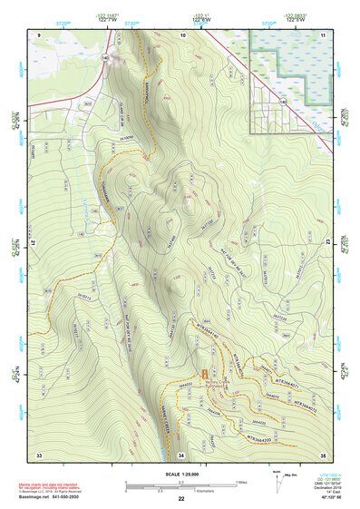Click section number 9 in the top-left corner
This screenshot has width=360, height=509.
click(40, 34)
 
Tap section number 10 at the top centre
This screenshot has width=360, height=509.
click(182, 34)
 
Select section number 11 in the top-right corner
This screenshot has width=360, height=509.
click(322, 34)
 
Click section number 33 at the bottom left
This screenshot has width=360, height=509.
click(39, 453)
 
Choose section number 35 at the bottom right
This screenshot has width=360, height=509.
click(323, 453)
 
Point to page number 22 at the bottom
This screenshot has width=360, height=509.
click(181, 499)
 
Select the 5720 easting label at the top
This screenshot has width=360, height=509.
click(62, 21)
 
